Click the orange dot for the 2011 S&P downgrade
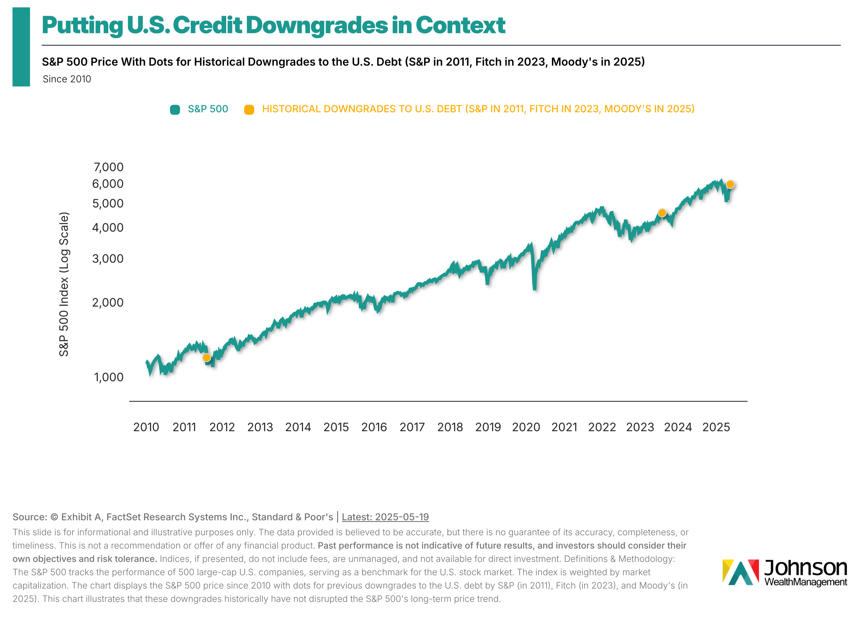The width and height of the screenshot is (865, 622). (x=207, y=357)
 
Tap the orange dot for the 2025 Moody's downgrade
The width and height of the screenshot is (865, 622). (x=730, y=185)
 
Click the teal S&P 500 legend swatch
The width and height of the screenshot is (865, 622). (x=175, y=110)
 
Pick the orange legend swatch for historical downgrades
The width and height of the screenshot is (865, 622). (x=249, y=110)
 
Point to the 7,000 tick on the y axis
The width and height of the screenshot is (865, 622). (x=109, y=167)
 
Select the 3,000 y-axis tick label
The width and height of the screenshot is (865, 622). (x=108, y=259)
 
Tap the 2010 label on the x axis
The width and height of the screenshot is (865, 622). (x=146, y=427)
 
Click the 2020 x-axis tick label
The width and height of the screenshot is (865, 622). (x=526, y=427)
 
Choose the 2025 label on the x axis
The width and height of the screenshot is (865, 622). (x=716, y=427)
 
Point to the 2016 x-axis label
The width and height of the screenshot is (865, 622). (x=374, y=427)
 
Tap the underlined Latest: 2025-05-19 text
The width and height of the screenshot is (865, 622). (x=385, y=517)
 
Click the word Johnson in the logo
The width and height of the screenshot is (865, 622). (x=806, y=568)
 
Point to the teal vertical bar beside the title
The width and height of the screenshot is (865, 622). (x=21, y=47)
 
